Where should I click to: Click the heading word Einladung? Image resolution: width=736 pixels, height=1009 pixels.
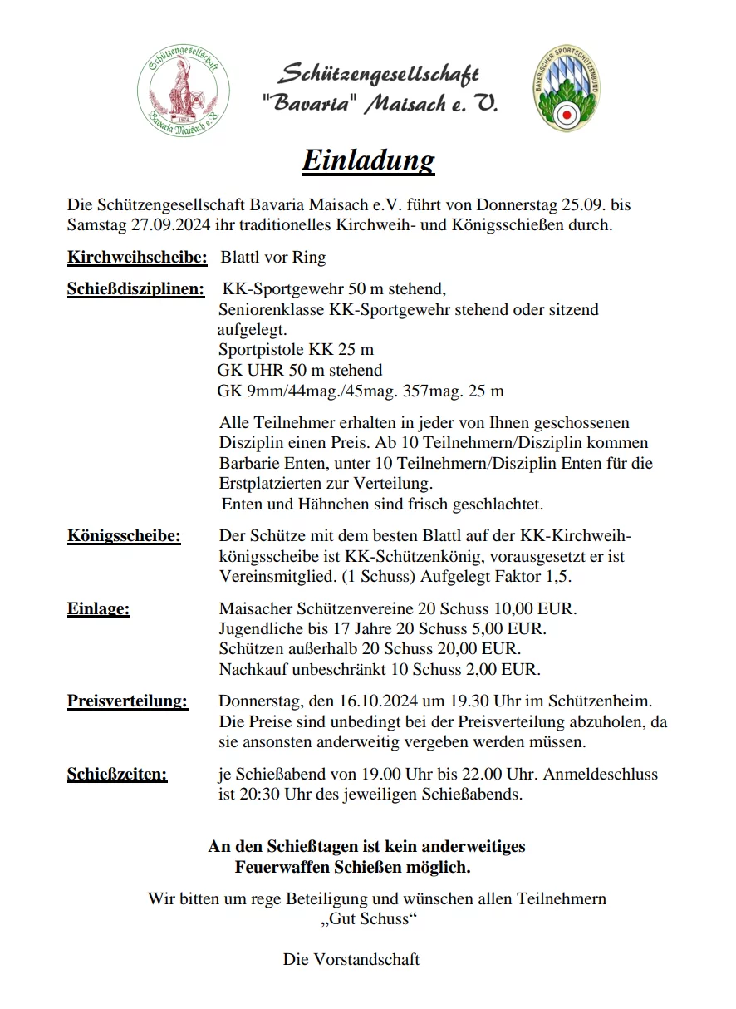click(x=368, y=160)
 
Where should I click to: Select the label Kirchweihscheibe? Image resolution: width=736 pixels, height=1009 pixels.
click(x=137, y=258)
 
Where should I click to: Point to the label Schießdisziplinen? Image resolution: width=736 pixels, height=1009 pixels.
click(x=135, y=290)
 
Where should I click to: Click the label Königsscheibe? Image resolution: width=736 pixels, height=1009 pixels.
click(x=124, y=535)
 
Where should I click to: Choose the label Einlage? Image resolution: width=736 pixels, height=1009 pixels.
click(x=98, y=609)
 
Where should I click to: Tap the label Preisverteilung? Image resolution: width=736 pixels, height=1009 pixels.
click(x=127, y=701)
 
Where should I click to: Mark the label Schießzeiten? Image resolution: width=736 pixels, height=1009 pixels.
click(x=117, y=775)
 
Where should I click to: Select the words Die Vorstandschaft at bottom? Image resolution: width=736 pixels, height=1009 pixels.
click(x=351, y=960)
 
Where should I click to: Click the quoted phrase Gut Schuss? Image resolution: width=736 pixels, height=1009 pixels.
click(x=367, y=919)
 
